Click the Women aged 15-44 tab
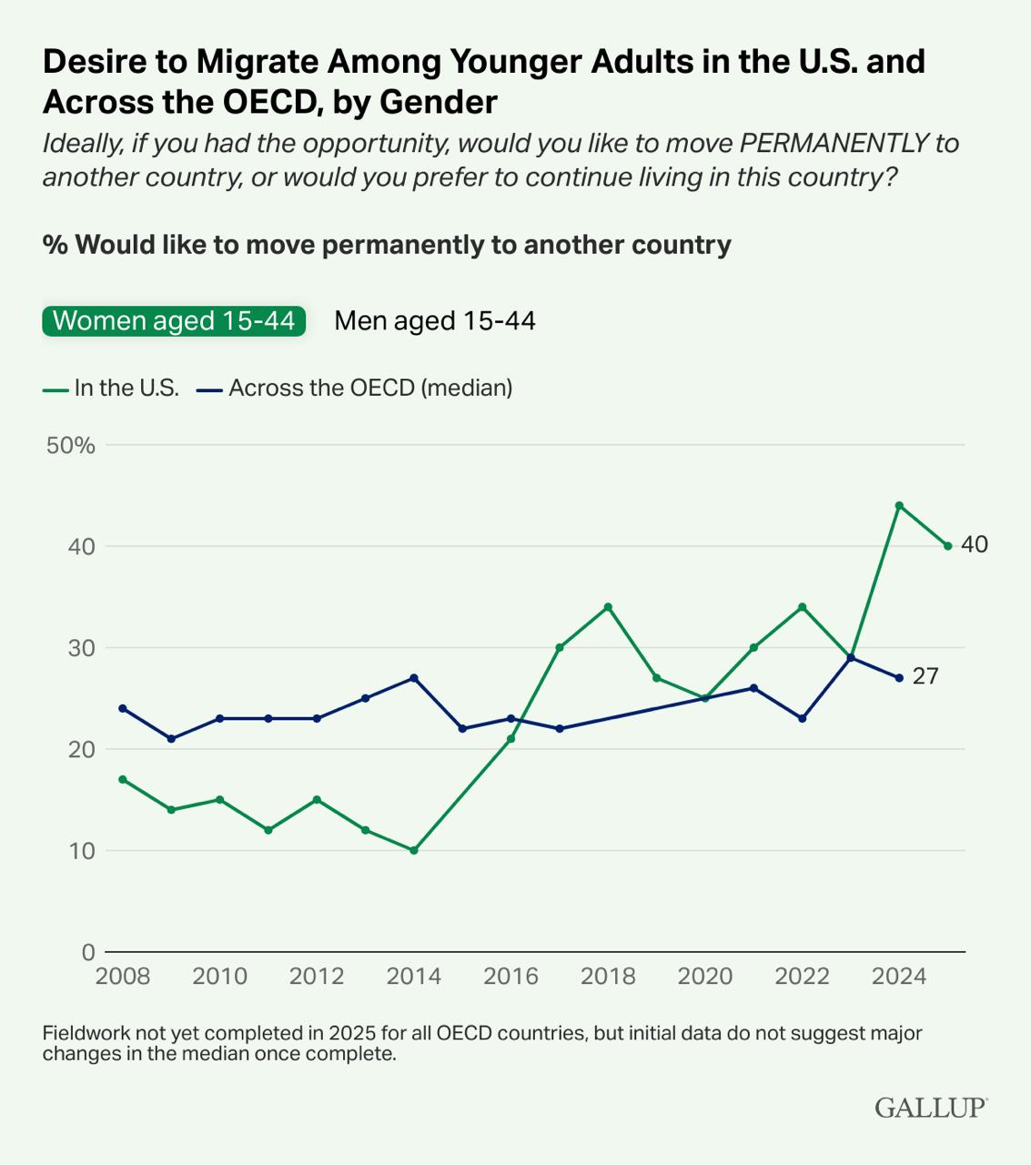click(173, 320)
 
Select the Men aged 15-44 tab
click(435, 320)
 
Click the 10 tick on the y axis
click(82, 851)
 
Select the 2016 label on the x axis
click(510, 977)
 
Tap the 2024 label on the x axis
click(898, 977)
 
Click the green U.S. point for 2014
click(414, 850)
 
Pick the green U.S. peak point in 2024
click(899, 505)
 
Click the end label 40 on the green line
click(974, 545)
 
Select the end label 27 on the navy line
click(925, 677)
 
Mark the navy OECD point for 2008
click(123, 708)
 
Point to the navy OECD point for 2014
click(414, 678)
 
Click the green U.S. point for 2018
click(608, 607)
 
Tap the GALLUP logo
click(930, 1107)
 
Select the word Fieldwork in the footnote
click(86, 1034)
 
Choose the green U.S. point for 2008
click(123, 779)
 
